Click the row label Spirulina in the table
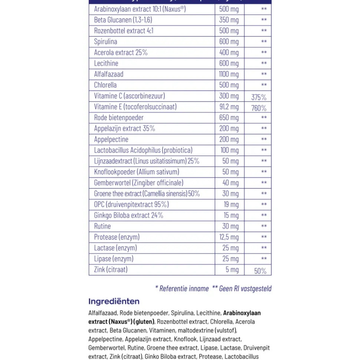tap(105, 42)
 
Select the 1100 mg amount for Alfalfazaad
tap(229, 74)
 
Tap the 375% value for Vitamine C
tap(259, 98)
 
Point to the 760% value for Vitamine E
tap(259, 108)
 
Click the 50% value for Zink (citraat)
tap(260, 271)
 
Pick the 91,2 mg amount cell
tap(229, 107)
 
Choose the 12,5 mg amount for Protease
tap(229, 237)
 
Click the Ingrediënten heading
tap(114, 301)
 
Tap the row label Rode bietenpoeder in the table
tap(119, 118)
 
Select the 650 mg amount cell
tap(229, 118)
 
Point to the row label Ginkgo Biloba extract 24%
tap(128, 215)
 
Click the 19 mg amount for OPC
tap(231, 204)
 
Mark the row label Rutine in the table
tap(102, 226)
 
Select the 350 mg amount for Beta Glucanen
tap(229, 20)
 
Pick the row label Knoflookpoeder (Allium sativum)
tap(137, 172)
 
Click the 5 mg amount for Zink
tap(232, 270)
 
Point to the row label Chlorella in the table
tap(105, 85)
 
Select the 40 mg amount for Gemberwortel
tap(230, 183)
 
